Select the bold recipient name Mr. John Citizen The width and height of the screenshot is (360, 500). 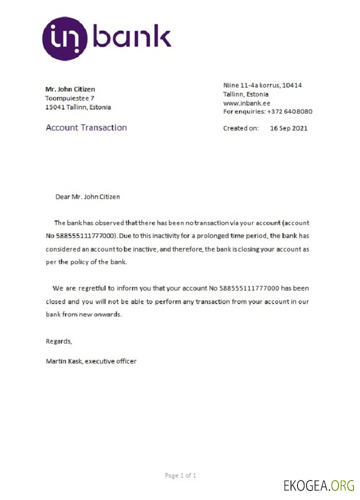point(70,89)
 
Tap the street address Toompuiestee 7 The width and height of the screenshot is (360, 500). point(69,98)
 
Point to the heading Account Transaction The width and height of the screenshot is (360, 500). point(86,127)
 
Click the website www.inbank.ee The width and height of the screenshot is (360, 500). point(246,103)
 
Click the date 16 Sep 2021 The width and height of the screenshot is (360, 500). point(288,128)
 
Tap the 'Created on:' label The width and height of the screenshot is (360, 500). point(240,128)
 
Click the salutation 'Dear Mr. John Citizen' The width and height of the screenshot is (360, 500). point(87,196)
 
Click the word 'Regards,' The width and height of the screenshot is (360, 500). point(59,341)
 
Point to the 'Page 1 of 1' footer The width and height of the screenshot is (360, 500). point(180,475)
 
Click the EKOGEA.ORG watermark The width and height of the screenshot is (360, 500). point(318,485)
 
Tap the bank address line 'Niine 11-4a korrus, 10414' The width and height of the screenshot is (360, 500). point(262,85)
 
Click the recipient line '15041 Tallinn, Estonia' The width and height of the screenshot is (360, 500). point(78,107)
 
